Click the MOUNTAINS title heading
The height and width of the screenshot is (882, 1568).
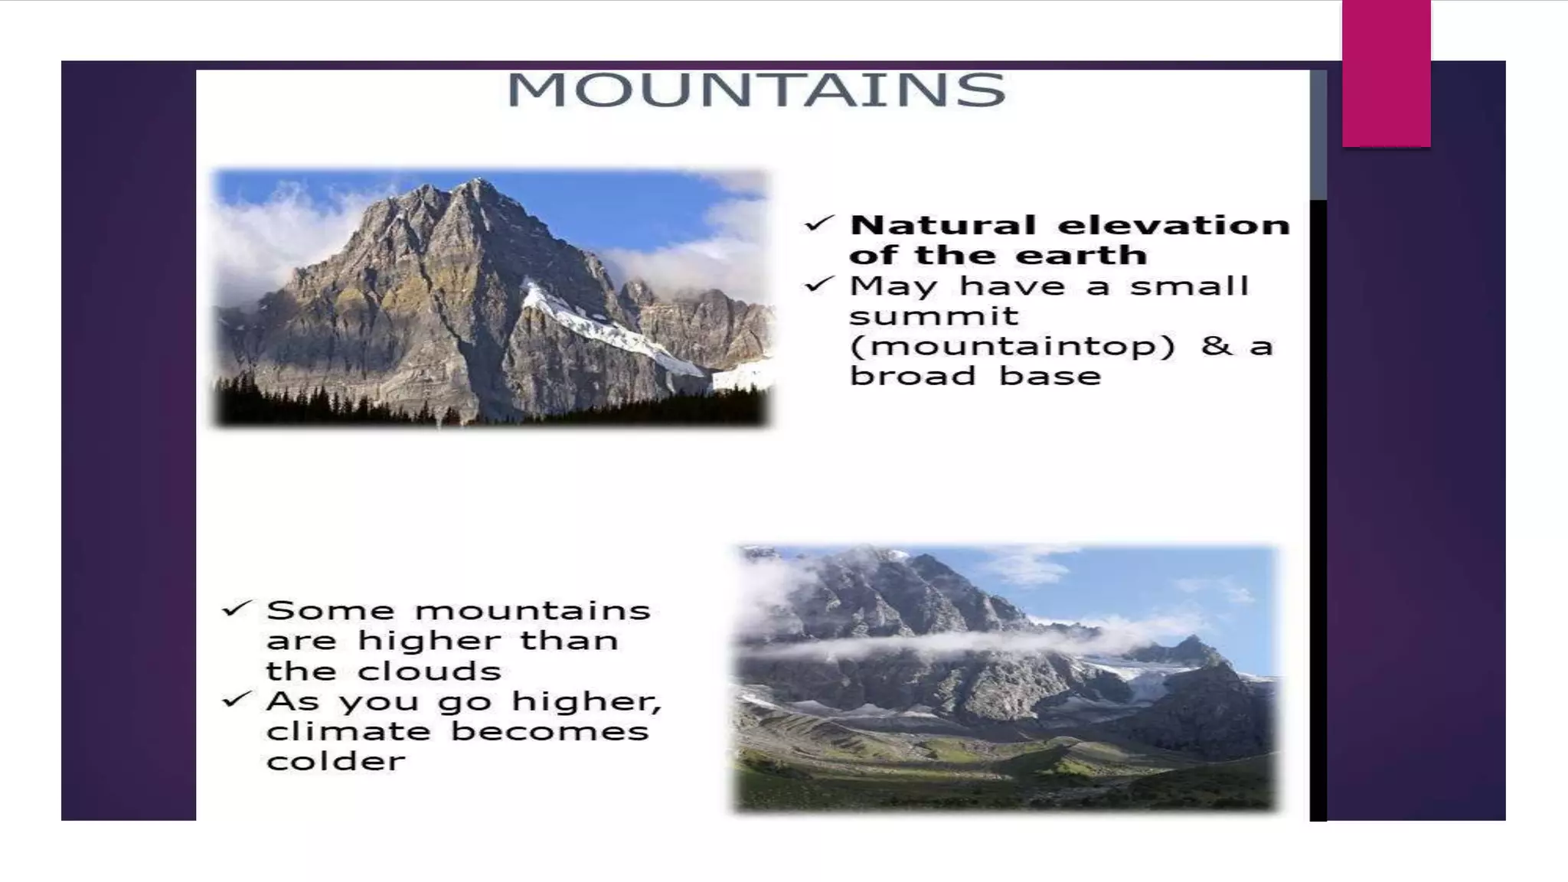click(x=756, y=90)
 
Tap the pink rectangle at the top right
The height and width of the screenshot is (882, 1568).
click(x=1386, y=73)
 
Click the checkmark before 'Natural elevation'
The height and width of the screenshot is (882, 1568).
click(x=818, y=224)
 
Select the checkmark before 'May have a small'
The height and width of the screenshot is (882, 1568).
click(x=818, y=285)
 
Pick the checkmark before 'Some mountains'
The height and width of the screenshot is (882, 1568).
click(x=236, y=609)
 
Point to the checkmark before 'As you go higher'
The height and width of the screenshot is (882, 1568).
click(x=236, y=699)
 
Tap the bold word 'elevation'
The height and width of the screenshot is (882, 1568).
click(x=1174, y=225)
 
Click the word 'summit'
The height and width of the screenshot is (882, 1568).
click(x=934, y=315)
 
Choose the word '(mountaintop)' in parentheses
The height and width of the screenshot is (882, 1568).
click(x=1012, y=346)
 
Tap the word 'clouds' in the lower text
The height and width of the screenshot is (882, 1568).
click(x=430, y=671)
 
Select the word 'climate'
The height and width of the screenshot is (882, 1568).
click(x=348, y=731)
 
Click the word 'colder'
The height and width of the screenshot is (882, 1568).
click(x=335, y=762)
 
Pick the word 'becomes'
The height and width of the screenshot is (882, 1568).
click(x=549, y=731)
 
